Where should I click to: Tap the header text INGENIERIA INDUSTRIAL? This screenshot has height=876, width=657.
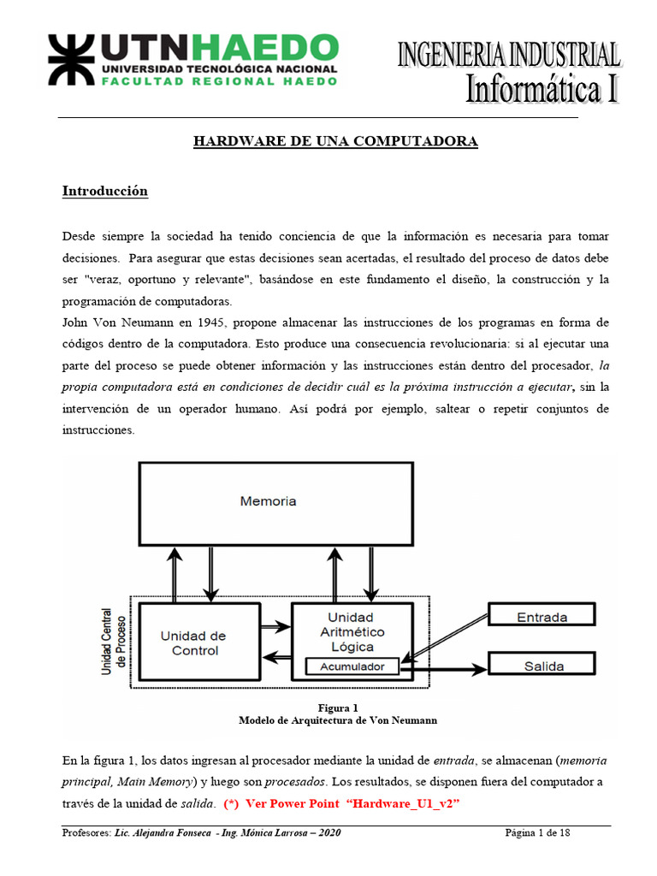point(508,55)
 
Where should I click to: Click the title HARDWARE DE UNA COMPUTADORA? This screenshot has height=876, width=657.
point(334,141)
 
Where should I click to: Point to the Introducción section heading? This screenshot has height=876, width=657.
point(104,191)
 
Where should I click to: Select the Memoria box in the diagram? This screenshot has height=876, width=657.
point(268,500)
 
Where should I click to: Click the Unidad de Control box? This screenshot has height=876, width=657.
point(193,642)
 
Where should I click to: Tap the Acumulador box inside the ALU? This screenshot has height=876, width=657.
point(352,666)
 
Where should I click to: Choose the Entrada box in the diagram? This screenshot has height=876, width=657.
point(542,617)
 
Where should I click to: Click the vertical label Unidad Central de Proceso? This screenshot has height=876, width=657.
point(112,642)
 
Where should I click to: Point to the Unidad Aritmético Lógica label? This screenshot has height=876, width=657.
point(351,632)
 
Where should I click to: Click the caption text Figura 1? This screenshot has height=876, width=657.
point(338,707)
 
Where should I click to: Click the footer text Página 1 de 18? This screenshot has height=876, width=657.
point(537,834)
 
